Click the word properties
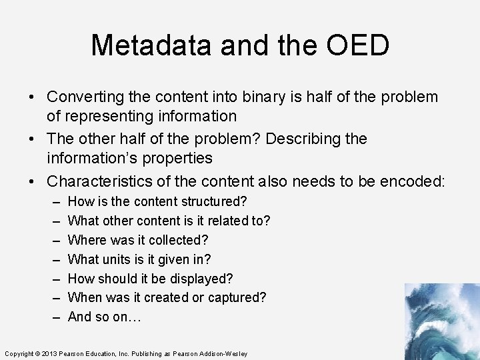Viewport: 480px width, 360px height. (x=173, y=159)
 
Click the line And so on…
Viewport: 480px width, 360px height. (x=104, y=317)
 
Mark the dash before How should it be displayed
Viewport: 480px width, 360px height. (x=54, y=279)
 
